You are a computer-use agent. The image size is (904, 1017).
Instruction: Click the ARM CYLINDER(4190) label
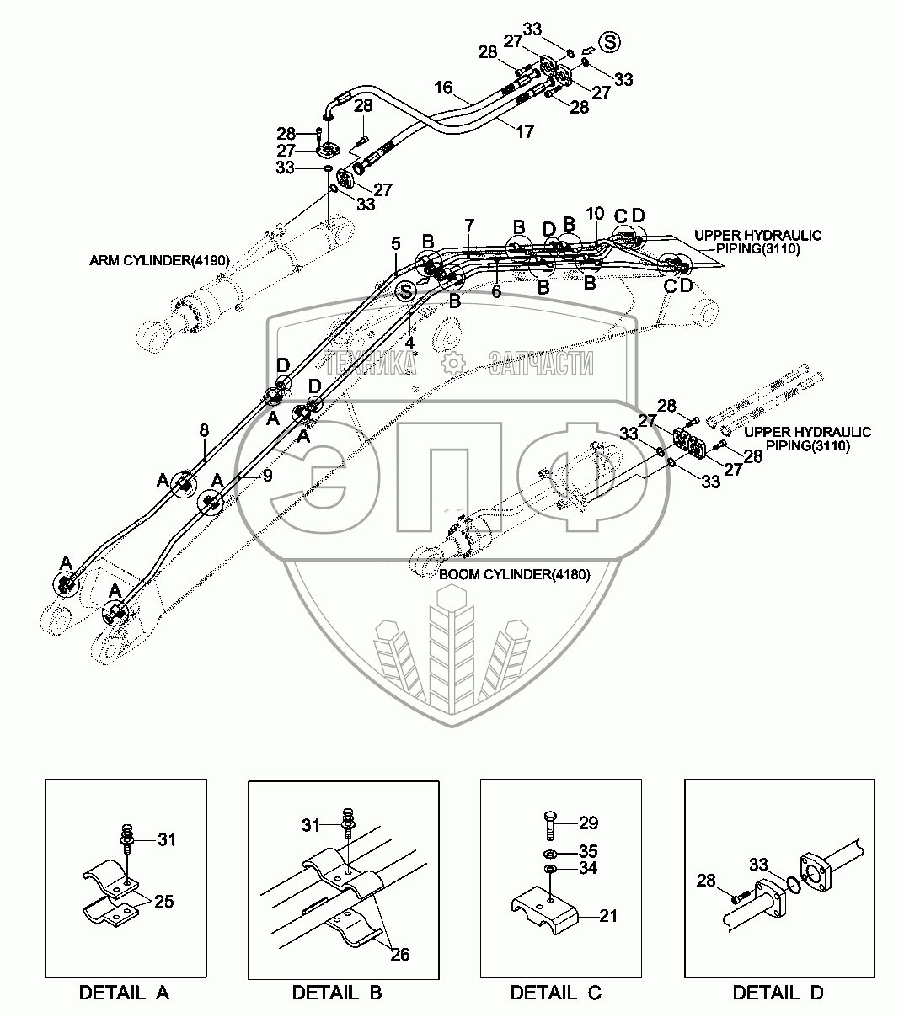[159, 260]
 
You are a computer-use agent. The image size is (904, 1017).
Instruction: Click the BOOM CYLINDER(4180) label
[515, 574]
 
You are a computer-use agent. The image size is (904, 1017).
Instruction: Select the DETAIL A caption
[124, 993]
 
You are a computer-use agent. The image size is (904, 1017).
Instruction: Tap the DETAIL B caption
[337, 993]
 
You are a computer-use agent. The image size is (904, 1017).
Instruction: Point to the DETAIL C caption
[556, 993]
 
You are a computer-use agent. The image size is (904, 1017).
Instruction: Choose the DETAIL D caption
[778, 993]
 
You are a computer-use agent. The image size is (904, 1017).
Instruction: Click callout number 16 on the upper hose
[444, 88]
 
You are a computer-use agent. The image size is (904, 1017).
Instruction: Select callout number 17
[524, 132]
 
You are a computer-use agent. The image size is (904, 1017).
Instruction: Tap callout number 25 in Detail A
[163, 902]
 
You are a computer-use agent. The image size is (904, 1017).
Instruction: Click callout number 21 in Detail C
[608, 915]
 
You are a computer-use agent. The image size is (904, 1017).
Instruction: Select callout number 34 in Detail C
[588, 868]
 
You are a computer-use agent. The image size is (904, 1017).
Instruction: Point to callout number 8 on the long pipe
[204, 430]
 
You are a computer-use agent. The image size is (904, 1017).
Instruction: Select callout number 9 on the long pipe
[267, 476]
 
